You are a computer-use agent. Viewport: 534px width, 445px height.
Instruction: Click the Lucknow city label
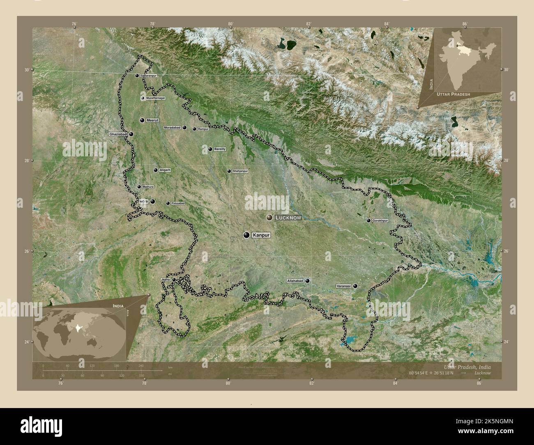coord(288,218)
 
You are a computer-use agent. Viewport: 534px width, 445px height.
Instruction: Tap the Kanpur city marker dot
coord(246,235)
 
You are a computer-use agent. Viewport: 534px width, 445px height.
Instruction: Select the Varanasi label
coord(343,286)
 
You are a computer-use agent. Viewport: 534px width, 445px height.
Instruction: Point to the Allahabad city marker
coord(307,281)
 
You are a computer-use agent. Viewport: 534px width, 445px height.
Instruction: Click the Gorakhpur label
coord(380,221)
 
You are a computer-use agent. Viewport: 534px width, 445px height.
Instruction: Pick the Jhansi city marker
coord(174,280)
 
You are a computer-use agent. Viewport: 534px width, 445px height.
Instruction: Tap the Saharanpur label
coord(149,76)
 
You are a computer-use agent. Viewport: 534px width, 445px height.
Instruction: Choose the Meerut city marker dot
coord(142,120)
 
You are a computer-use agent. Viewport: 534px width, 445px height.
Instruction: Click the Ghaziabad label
coord(118,134)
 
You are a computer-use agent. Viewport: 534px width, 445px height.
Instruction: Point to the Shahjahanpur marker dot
coord(229,171)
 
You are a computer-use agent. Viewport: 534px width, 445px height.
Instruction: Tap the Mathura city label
coord(148,187)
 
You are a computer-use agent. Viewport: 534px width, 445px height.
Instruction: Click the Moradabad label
coord(172,128)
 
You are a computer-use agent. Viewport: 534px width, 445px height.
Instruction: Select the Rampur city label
coord(203,129)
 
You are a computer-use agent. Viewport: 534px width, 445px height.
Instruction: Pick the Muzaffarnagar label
coord(156,99)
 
